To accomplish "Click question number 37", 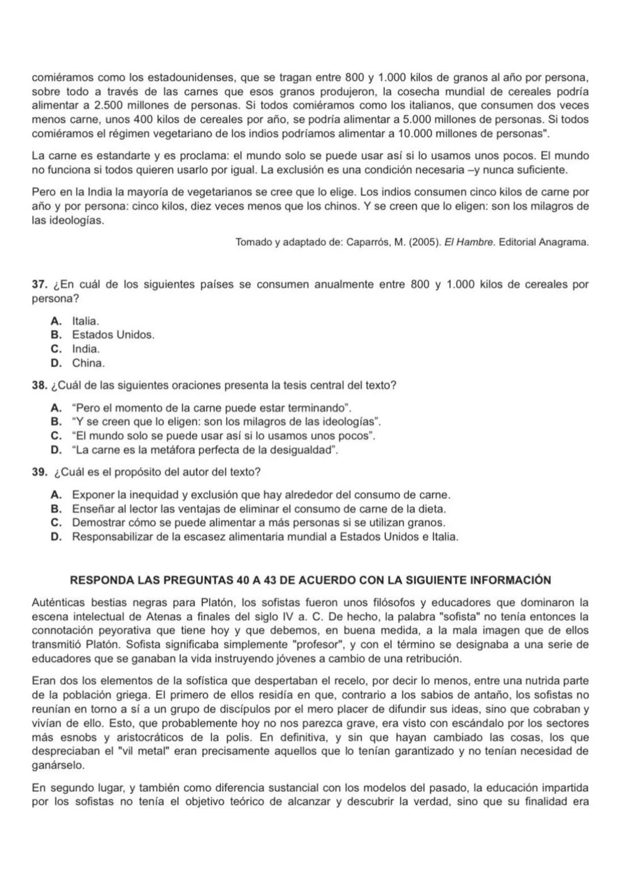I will point(39,285).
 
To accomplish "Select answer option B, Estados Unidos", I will point(113,334).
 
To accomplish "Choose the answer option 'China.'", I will point(88,363).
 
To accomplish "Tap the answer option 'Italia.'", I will point(85,321).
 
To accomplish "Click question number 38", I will point(39,386).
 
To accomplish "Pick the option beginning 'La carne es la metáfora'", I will point(204,450).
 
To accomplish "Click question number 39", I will point(39,472).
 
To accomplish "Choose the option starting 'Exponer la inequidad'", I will point(260,495).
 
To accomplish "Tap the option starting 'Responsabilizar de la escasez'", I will point(264,537).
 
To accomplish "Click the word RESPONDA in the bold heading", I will point(102,580).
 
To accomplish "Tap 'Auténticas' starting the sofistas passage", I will point(57,603).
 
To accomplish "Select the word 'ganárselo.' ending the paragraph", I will point(58,765).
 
